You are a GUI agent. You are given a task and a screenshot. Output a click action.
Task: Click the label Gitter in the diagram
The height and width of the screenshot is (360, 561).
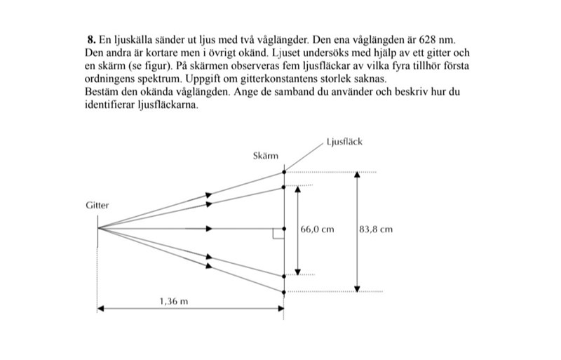[97, 206]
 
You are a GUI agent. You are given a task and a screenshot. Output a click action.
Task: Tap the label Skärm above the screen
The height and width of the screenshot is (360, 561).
[266, 155]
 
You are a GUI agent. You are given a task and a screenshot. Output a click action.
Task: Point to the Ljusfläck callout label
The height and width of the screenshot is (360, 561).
[344, 142]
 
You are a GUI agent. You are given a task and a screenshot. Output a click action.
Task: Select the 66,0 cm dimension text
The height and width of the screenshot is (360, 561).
[317, 229]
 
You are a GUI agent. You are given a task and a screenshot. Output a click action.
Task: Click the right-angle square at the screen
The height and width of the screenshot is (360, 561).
[278, 234]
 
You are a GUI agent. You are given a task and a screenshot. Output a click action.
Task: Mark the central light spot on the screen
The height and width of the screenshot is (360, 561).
[284, 229]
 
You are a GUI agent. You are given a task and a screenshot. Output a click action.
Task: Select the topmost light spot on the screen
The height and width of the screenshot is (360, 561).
[284, 171]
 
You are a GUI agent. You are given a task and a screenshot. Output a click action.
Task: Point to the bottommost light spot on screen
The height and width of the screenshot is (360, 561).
[284, 291]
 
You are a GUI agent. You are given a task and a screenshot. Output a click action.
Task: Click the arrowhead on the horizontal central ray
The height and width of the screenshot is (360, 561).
[208, 229]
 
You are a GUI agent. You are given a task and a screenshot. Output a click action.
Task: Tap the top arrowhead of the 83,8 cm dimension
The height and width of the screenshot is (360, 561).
[358, 174]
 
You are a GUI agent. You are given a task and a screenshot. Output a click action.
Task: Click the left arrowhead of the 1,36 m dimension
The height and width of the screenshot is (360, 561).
[101, 308]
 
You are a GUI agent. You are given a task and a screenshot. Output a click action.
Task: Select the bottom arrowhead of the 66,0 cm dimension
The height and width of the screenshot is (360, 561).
[297, 272]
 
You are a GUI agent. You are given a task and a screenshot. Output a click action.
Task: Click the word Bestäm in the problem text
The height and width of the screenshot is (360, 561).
[100, 91]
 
